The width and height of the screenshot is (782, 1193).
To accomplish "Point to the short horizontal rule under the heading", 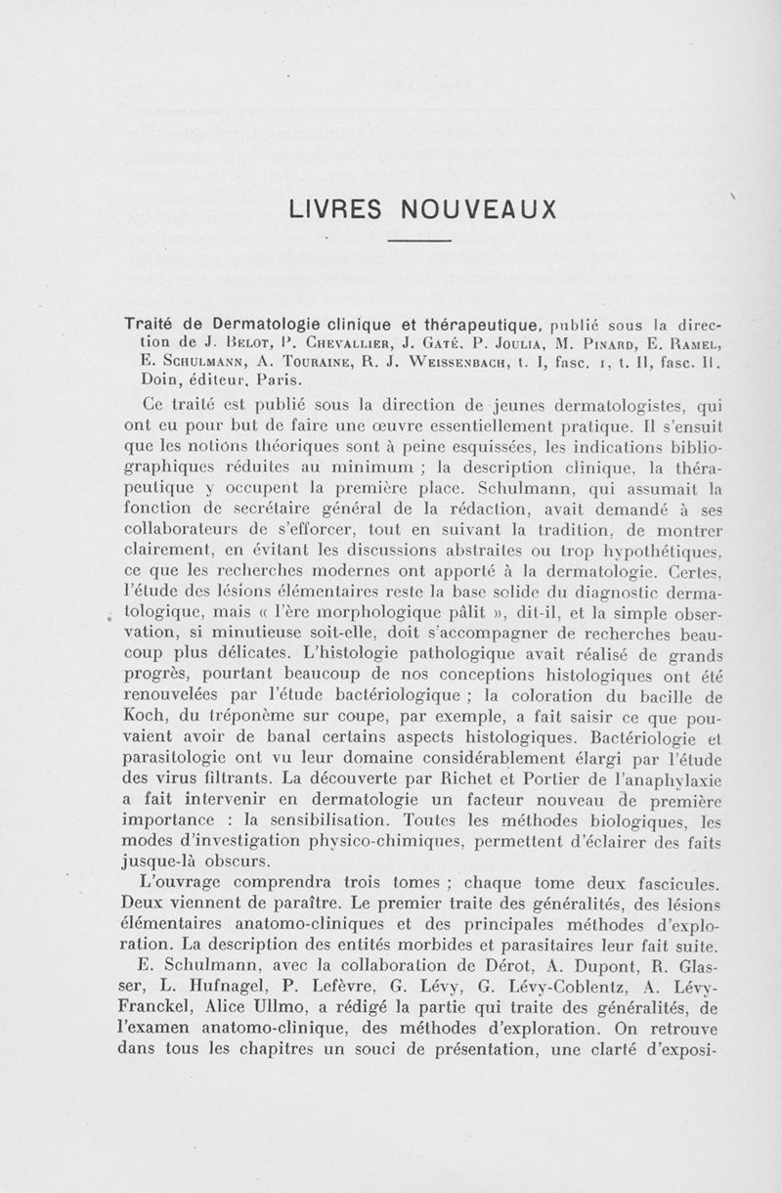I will pyautogui.click(x=418, y=241).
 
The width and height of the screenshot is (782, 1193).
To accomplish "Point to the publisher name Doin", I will pyautogui.click(x=158, y=378).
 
